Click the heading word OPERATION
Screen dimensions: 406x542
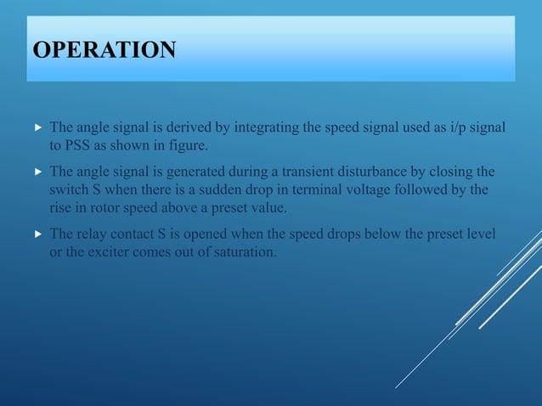coord(104,50)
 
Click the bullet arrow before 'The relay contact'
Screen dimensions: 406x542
coord(37,233)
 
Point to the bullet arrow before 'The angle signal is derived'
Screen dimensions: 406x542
coord(37,127)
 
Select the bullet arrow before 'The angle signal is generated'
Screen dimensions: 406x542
coord(37,172)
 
